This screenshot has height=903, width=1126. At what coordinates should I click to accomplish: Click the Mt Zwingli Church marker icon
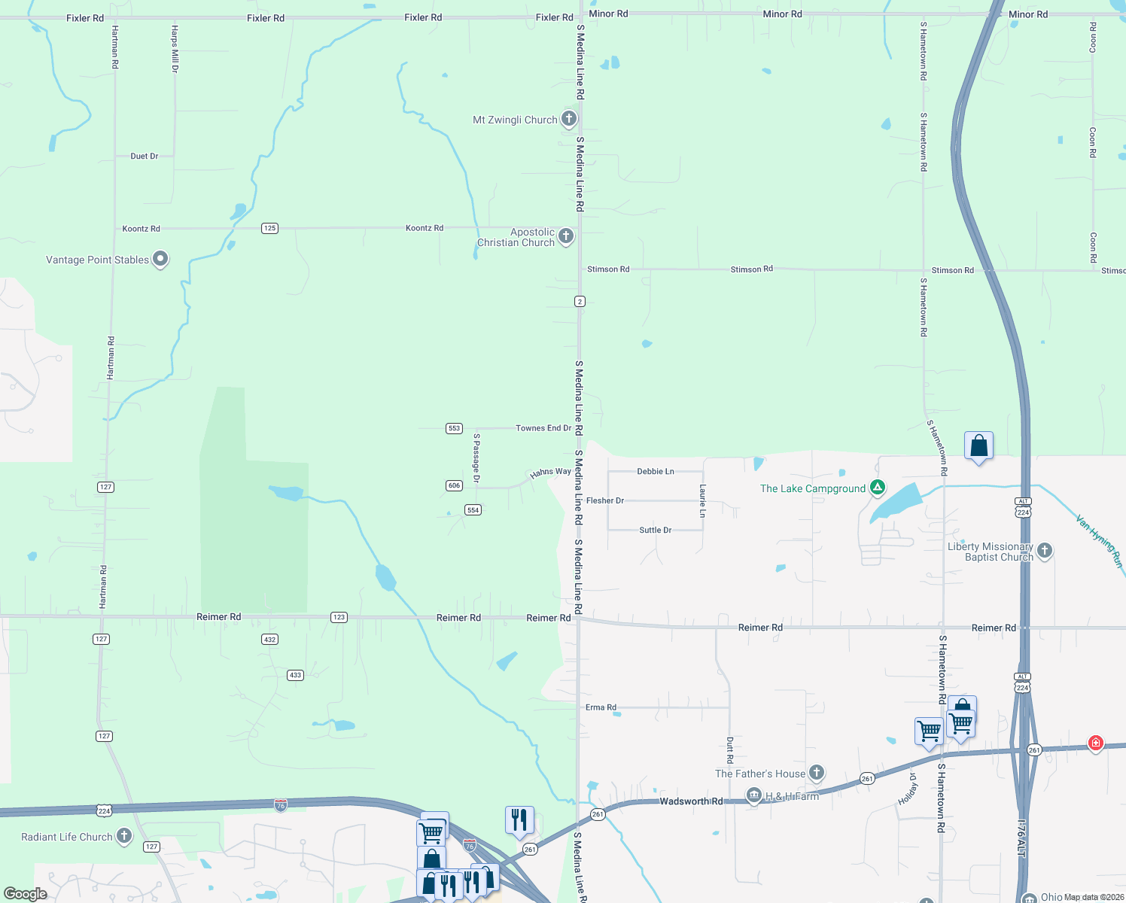click(569, 119)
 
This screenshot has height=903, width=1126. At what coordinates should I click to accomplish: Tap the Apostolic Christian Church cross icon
click(566, 236)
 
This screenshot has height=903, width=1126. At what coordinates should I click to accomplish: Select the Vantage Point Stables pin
click(160, 260)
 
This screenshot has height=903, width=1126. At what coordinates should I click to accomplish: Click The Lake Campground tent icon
click(878, 488)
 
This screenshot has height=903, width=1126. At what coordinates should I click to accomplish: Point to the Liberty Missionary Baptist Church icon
click(1045, 551)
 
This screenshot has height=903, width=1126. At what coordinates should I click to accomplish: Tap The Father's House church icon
click(817, 773)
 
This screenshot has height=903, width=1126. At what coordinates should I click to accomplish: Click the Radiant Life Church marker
click(124, 836)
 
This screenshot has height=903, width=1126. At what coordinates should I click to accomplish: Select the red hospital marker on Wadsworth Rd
click(1096, 743)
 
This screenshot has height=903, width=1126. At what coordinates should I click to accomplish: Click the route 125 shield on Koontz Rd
click(270, 228)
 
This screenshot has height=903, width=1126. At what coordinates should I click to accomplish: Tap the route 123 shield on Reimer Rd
click(339, 617)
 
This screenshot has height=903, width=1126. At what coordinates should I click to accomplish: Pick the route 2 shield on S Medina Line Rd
click(580, 301)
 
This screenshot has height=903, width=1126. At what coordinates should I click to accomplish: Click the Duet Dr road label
click(144, 157)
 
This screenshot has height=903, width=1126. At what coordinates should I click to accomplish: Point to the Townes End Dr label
click(543, 428)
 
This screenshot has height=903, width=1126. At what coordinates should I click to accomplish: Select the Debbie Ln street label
click(656, 471)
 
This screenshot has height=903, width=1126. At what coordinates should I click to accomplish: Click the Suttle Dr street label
click(655, 530)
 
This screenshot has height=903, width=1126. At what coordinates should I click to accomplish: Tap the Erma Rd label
click(601, 707)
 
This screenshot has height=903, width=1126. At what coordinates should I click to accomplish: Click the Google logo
click(26, 893)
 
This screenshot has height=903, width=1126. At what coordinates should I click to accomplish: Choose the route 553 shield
click(454, 428)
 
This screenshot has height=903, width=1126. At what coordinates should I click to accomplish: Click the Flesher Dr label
click(605, 500)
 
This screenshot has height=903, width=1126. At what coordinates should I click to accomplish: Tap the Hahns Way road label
click(550, 473)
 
